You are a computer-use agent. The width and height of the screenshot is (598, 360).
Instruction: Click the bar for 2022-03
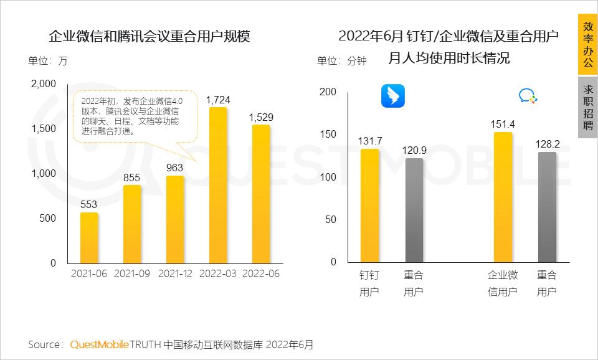pos(218,185)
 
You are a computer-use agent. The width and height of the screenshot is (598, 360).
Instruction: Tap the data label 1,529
pos(261,117)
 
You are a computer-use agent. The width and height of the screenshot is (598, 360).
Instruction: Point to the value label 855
pos(131,178)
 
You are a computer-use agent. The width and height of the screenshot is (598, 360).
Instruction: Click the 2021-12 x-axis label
pos(175,274)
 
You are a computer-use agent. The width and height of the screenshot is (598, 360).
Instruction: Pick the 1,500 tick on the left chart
pos(44,129)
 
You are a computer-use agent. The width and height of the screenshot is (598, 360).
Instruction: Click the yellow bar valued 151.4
pos(503,197)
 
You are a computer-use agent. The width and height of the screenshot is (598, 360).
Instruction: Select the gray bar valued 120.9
pos(414,210)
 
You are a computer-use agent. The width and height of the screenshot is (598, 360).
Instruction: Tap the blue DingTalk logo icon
pos(392,96)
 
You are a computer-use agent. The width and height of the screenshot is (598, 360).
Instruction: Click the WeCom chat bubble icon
pos(528,96)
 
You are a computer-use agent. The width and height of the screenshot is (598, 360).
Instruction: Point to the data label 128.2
pos(547,144)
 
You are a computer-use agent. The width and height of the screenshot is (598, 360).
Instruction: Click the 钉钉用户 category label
pos(369,283)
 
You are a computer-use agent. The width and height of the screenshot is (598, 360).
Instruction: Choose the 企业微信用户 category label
pos(503,283)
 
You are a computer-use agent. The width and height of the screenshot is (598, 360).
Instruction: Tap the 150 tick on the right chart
pos(328,135)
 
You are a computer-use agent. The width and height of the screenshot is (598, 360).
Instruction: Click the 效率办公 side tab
pos(587,45)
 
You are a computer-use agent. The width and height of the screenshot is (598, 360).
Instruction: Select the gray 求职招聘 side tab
pos(587,107)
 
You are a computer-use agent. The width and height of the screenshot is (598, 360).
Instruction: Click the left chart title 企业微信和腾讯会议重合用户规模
pos(149,36)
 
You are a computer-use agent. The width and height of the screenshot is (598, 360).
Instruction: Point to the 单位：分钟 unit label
pos(341,60)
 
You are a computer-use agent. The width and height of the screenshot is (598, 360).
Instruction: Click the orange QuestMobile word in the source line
pos(100,344)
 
